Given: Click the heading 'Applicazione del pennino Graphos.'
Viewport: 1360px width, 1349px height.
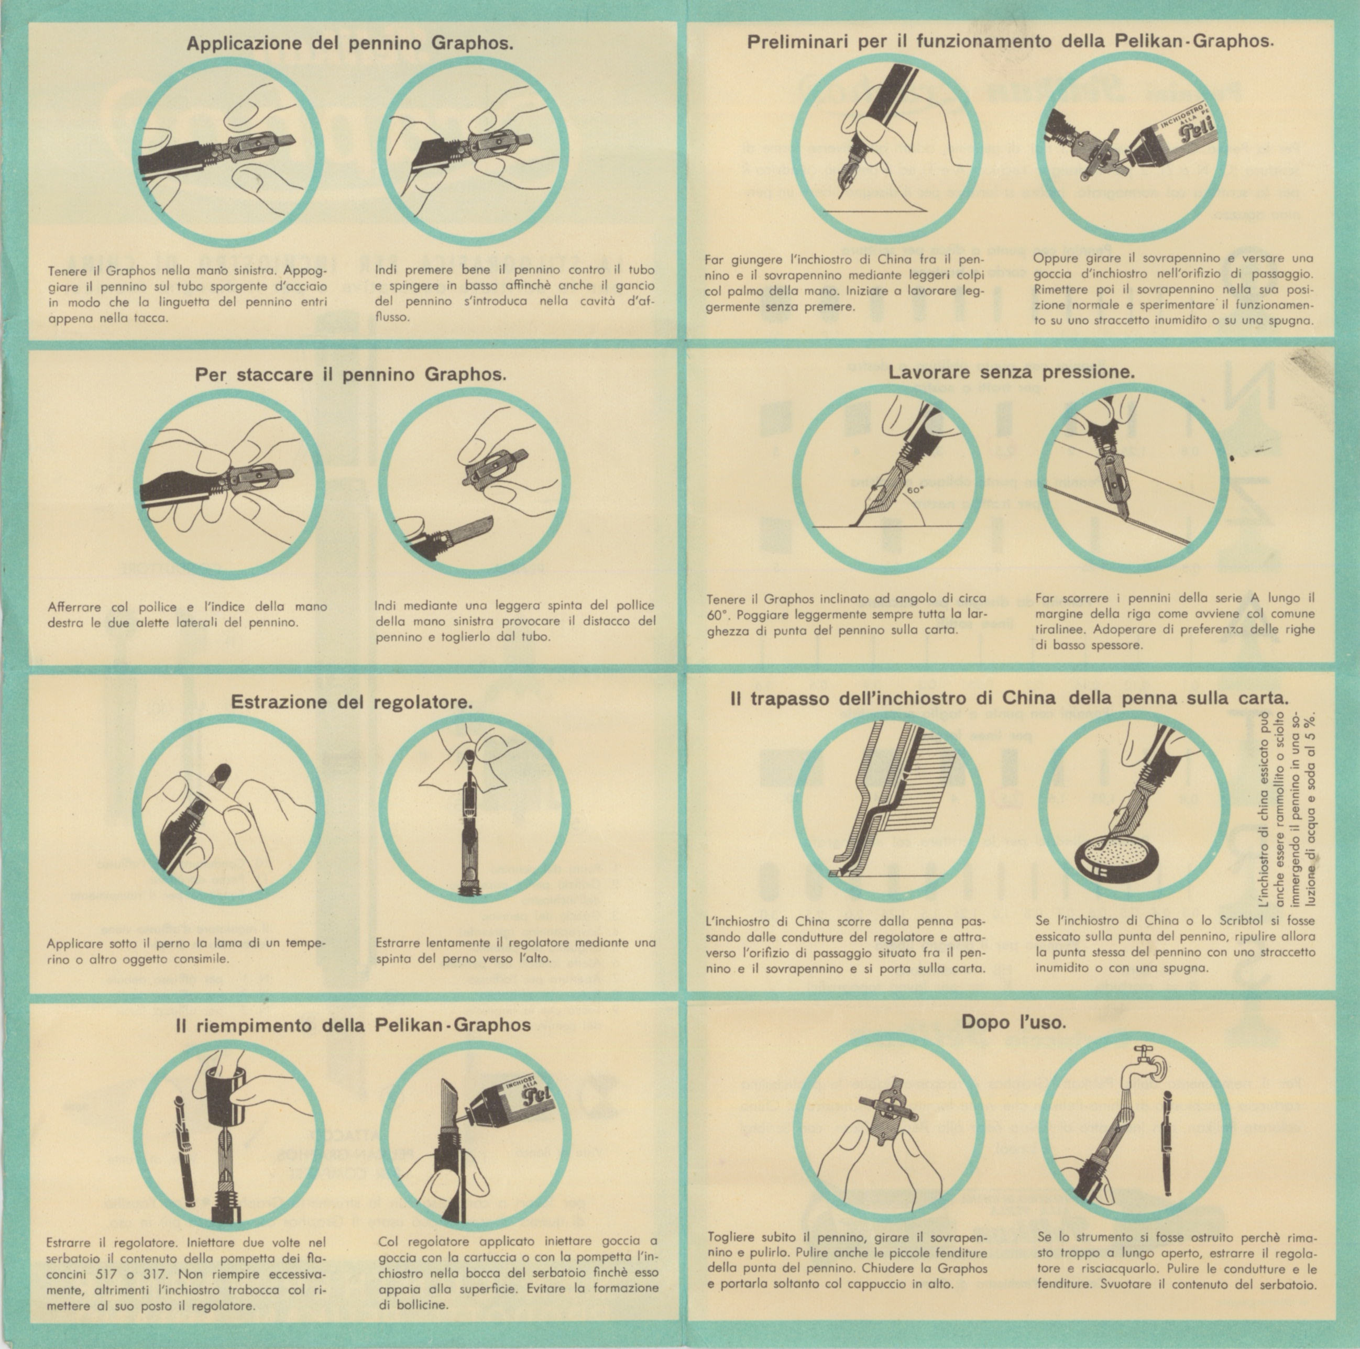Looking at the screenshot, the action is click(350, 43).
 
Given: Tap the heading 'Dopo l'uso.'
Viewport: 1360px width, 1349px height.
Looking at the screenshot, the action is click(1014, 1021).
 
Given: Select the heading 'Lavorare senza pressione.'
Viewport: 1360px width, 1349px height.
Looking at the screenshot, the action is click(1012, 372).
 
